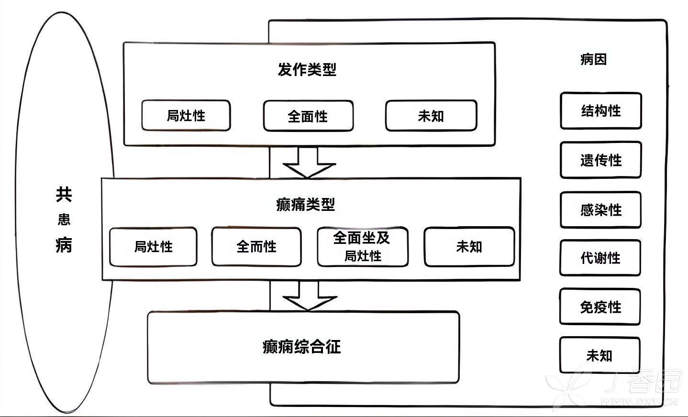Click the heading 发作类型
point(307,70)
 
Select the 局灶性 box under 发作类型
point(186,116)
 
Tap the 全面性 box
point(308,116)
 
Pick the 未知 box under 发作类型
point(431,116)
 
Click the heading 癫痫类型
point(306,205)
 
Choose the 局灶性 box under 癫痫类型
point(153,247)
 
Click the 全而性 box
point(256,247)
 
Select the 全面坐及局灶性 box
point(363,247)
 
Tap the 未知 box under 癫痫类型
point(469,247)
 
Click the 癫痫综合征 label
point(302,347)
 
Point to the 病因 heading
point(593,59)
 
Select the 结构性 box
point(600,111)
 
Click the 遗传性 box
point(600,160)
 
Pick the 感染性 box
point(600,210)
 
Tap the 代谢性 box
point(600,258)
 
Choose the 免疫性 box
point(600,307)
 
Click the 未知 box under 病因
point(599,356)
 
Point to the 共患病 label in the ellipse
point(64,219)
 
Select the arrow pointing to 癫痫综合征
point(309,297)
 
